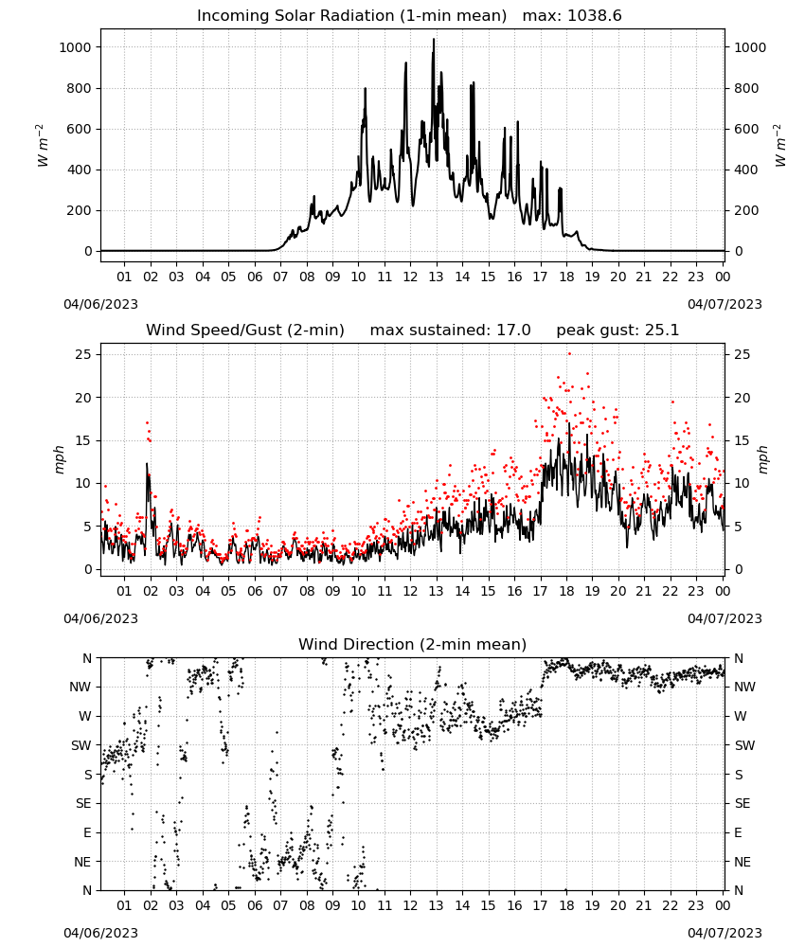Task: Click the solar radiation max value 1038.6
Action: click(595, 16)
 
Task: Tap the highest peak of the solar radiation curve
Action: click(433, 40)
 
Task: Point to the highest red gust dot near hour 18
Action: click(569, 354)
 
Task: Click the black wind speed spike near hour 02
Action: click(147, 464)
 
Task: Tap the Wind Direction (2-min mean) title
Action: click(413, 644)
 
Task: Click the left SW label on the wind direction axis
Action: click(81, 745)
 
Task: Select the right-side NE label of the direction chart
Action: click(742, 862)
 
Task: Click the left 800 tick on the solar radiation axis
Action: click(80, 88)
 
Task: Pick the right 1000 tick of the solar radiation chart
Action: click(749, 47)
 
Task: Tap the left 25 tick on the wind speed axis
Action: click(84, 354)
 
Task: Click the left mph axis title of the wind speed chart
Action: click(59, 459)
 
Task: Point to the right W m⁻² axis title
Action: click(779, 146)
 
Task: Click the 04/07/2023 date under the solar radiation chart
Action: click(724, 304)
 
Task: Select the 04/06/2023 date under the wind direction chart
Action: click(100, 933)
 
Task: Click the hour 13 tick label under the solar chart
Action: click(436, 277)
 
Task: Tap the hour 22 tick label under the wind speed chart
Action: click(670, 591)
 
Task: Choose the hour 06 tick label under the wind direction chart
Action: click(255, 906)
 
